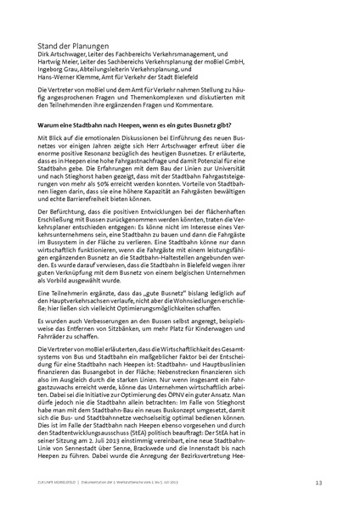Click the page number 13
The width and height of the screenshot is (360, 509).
(x=318, y=483)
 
